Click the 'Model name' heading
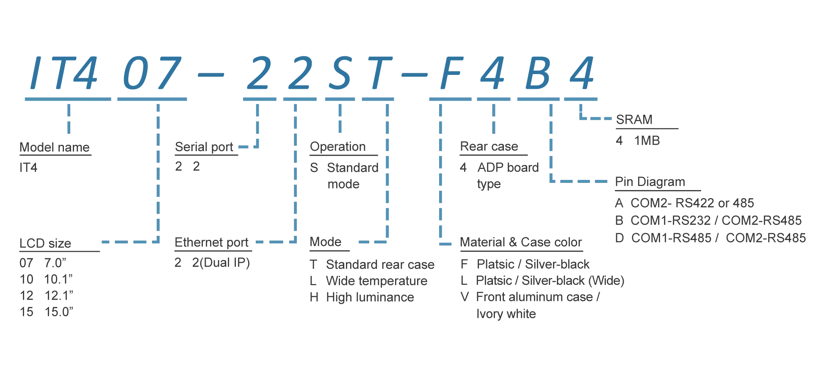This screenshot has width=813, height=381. (x=55, y=147)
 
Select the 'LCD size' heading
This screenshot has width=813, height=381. (x=45, y=243)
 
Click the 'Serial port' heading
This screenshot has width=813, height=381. (x=204, y=147)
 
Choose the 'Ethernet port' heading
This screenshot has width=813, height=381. (x=211, y=243)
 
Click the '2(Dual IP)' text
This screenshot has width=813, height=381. (x=221, y=262)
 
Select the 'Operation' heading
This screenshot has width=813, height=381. (x=338, y=146)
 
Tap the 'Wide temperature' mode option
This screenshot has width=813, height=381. (x=377, y=281)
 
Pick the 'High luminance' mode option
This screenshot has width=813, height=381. (x=370, y=297)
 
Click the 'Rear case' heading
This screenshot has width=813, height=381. (x=489, y=146)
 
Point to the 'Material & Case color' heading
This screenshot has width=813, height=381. (x=521, y=242)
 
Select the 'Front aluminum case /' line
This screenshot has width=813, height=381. (x=538, y=297)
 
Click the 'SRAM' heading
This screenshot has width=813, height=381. (x=634, y=120)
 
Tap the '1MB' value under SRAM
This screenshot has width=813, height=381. (x=647, y=141)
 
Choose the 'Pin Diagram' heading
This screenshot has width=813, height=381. (x=650, y=182)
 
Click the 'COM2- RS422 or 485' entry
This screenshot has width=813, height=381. (x=692, y=203)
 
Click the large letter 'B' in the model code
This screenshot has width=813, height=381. (x=538, y=73)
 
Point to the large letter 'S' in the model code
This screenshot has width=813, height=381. (x=341, y=73)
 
